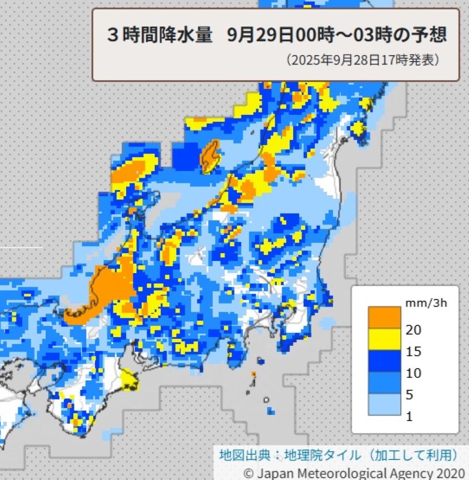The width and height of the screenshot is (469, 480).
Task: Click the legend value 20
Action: click(x=413, y=330)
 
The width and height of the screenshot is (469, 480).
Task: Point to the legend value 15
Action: click(x=413, y=352)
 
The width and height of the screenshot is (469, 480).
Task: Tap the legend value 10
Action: click(x=413, y=373)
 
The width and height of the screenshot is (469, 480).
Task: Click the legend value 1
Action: click(x=409, y=417)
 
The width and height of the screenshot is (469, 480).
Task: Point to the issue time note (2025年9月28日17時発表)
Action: click(x=363, y=60)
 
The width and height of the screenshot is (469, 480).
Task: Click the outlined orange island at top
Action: click(x=209, y=156)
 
